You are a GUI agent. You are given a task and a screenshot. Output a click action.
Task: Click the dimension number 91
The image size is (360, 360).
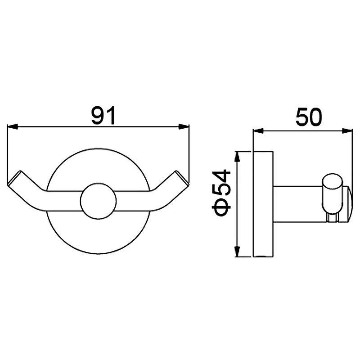(103, 116)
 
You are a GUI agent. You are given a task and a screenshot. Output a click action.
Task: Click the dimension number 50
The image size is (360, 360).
(309, 117)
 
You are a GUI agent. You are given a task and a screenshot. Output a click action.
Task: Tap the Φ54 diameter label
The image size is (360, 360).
(221, 193)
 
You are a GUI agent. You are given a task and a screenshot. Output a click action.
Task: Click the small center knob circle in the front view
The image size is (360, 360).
(98, 201)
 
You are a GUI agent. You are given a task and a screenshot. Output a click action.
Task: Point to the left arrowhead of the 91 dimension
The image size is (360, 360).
(13, 126)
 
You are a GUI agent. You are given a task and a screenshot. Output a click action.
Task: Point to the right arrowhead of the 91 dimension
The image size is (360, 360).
(184, 126)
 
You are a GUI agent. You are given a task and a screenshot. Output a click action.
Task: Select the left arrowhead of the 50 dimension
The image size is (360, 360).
(258, 131)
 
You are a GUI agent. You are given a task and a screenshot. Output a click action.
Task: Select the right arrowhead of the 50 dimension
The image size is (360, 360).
(347, 131)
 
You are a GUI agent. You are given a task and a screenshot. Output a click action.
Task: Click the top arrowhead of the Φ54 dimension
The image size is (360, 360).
(237, 157)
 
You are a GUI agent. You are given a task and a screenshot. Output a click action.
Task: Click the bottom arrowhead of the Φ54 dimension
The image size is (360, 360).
(237, 252)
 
